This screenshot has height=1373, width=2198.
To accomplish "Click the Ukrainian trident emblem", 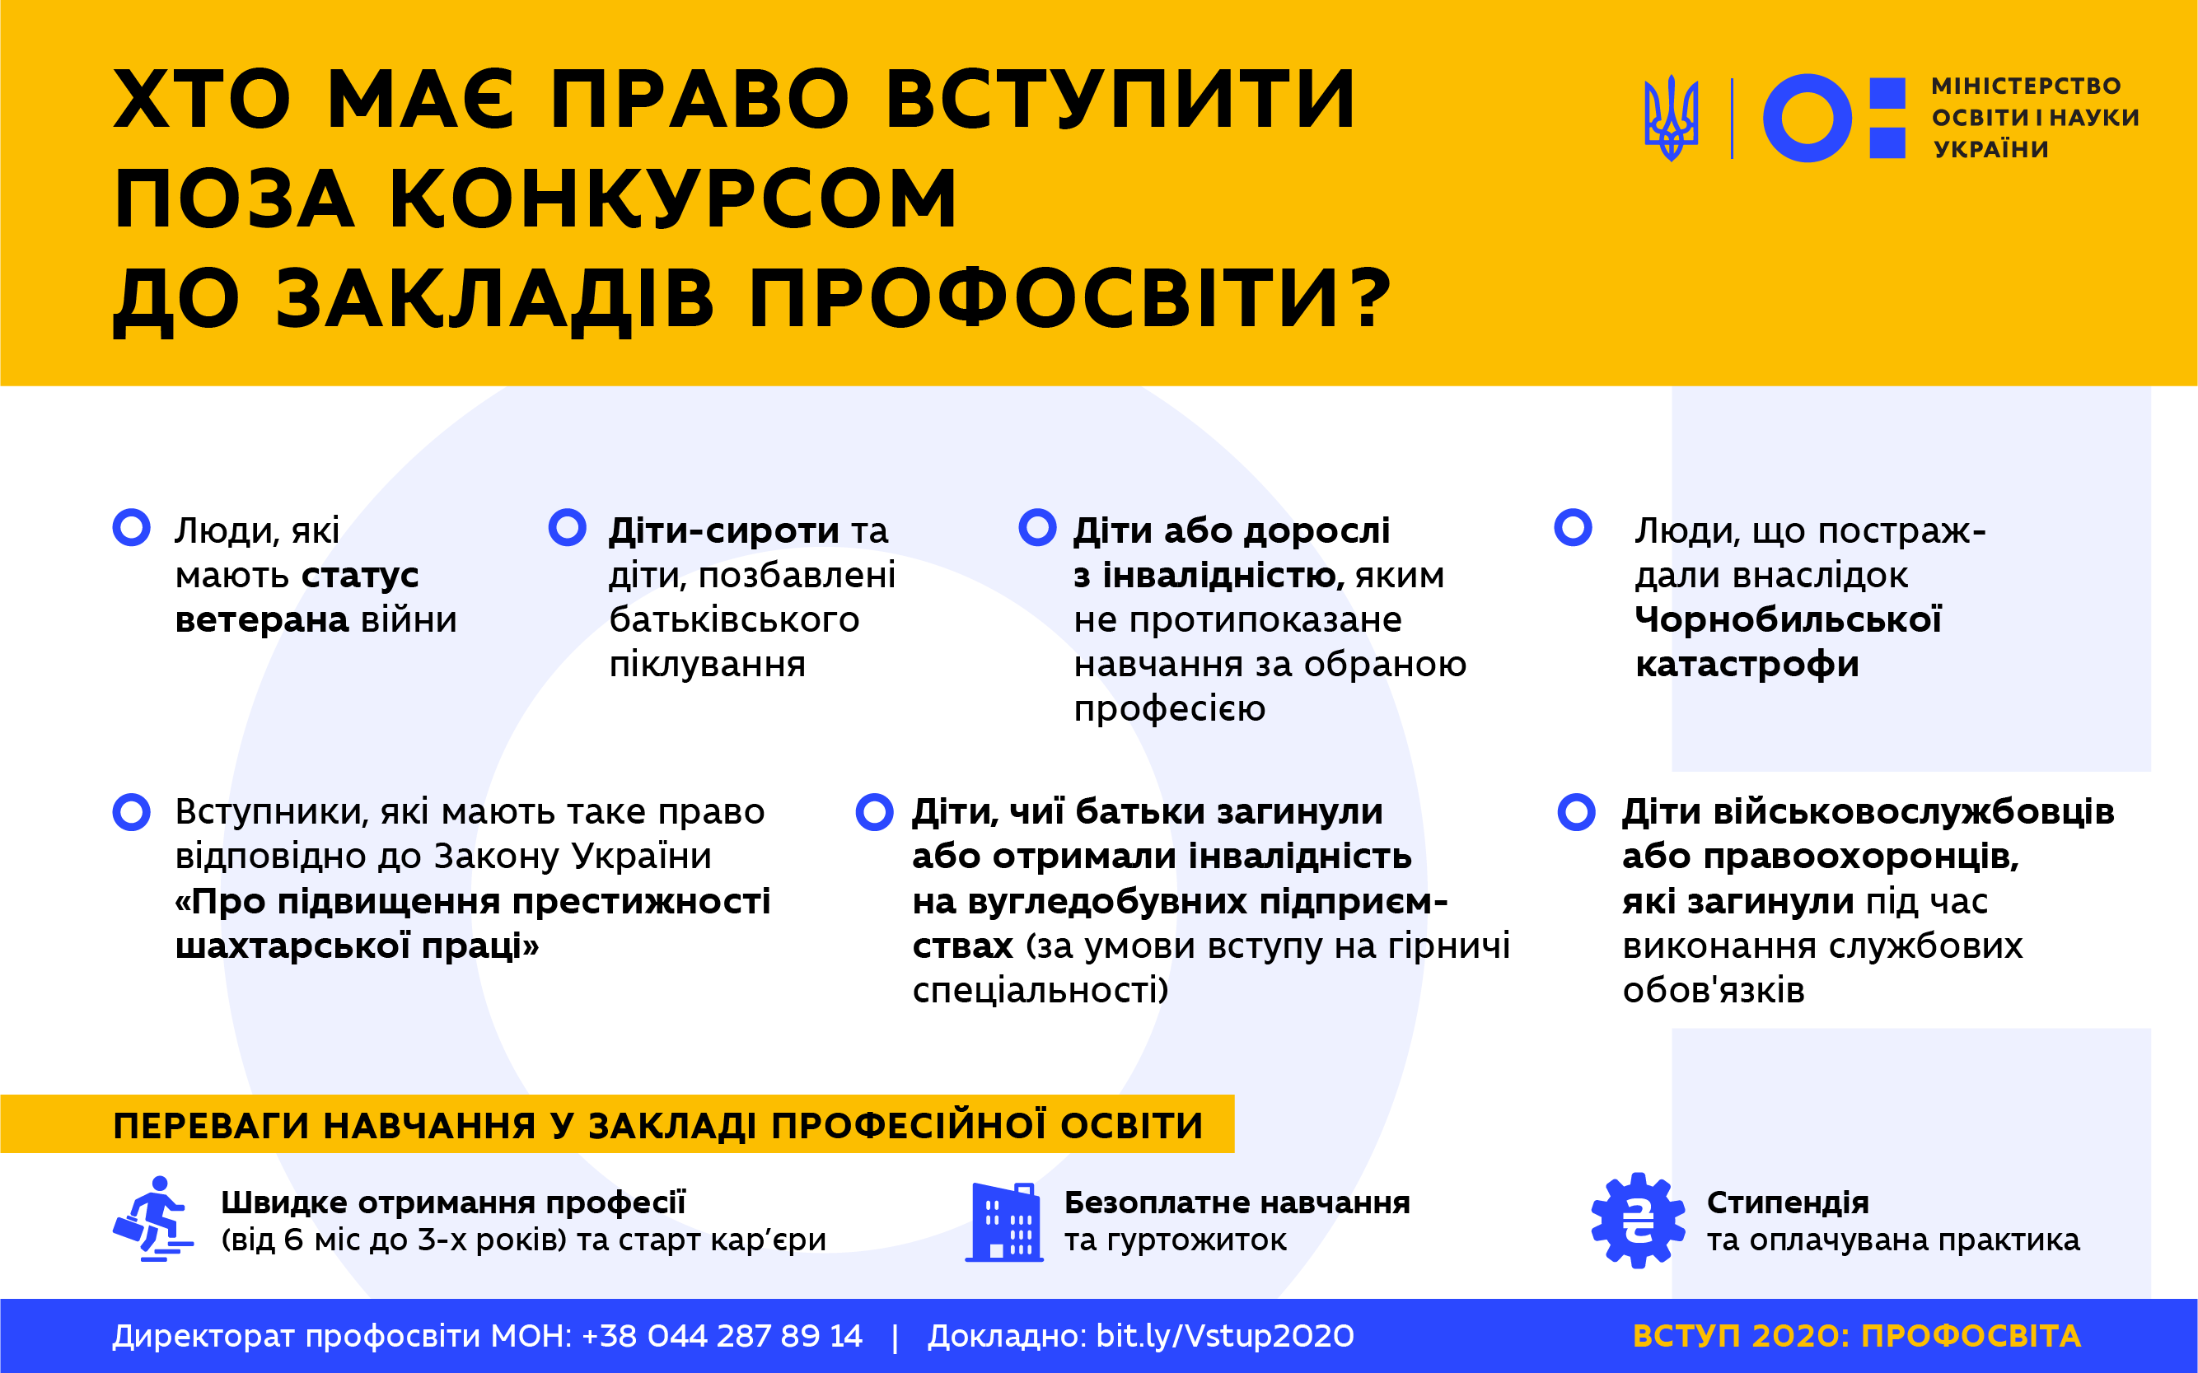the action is [x=1672, y=119].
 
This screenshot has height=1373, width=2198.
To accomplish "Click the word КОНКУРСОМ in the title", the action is [x=673, y=198].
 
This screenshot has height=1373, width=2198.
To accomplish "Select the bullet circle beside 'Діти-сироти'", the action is [x=568, y=528].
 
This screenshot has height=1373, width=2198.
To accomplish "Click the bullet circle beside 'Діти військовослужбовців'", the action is [x=1576, y=812].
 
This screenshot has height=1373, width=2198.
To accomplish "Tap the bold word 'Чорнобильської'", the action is [x=1789, y=619].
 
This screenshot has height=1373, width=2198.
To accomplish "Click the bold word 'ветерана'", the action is [x=262, y=620].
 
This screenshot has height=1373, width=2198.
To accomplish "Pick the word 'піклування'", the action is [x=708, y=665].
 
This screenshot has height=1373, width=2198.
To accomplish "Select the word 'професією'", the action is [x=1170, y=709].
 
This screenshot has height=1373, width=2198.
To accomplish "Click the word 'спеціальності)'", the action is [x=1040, y=990].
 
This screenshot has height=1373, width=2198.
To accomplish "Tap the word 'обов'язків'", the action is [x=1714, y=990].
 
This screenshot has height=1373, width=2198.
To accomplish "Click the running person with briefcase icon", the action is [x=152, y=1219].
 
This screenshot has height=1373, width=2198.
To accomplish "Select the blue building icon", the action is [x=1003, y=1221].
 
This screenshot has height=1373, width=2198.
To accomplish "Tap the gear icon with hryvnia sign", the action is [x=1638, y=1221].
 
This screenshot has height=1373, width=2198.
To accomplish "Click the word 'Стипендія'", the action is [x=1788, y=1203].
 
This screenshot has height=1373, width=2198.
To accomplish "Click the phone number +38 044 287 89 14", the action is [x=722, y=1336].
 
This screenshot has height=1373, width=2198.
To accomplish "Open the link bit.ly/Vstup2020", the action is [x=1225, y=1336].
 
